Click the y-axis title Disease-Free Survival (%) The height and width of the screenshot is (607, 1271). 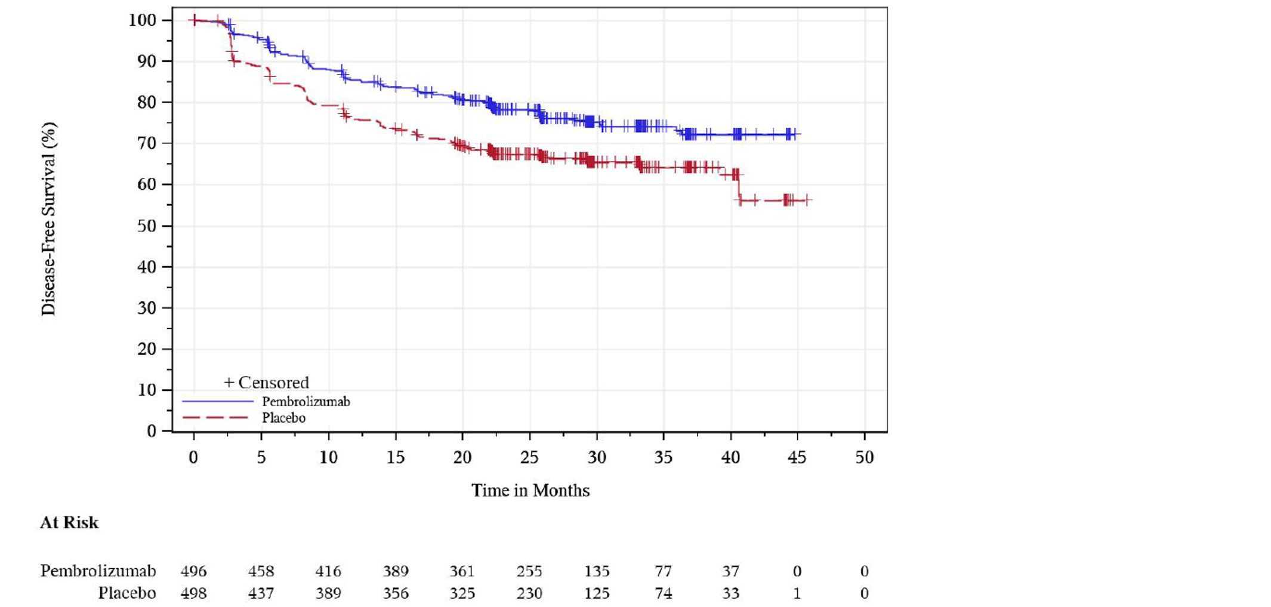[x=49, y=219]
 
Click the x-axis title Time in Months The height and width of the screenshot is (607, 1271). [x=530, y=491]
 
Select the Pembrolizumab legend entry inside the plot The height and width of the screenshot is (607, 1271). [x=306, y=402]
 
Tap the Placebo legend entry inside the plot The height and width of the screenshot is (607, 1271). [x=283, y=418]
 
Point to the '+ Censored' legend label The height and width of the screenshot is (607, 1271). [x=266, y=383]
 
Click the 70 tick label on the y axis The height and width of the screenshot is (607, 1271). [x=146, y=143]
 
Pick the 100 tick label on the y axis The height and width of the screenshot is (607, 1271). [x=143, y=20]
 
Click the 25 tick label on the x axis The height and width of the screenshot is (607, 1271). [x=529, y=458]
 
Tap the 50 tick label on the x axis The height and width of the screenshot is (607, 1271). [x=864, y=458]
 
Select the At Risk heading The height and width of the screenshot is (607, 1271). [x=69, y=523]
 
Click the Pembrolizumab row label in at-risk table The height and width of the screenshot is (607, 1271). [x=98, y=571]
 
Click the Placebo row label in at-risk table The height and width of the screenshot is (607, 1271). [x=127, y=593]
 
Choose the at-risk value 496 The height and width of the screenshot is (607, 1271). [x=193, y=571]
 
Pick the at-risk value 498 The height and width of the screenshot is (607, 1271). [x=193, y=593]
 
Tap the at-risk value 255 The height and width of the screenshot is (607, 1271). [x=529, y=571]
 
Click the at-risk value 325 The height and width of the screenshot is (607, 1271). [x=462, y=593]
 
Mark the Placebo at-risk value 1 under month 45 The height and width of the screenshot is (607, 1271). [x=797, y=593]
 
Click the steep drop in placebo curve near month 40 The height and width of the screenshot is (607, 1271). [x=739, y=188]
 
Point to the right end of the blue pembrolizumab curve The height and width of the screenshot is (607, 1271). [x=798, y=134]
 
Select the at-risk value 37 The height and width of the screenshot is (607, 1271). [x=730, y=571]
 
